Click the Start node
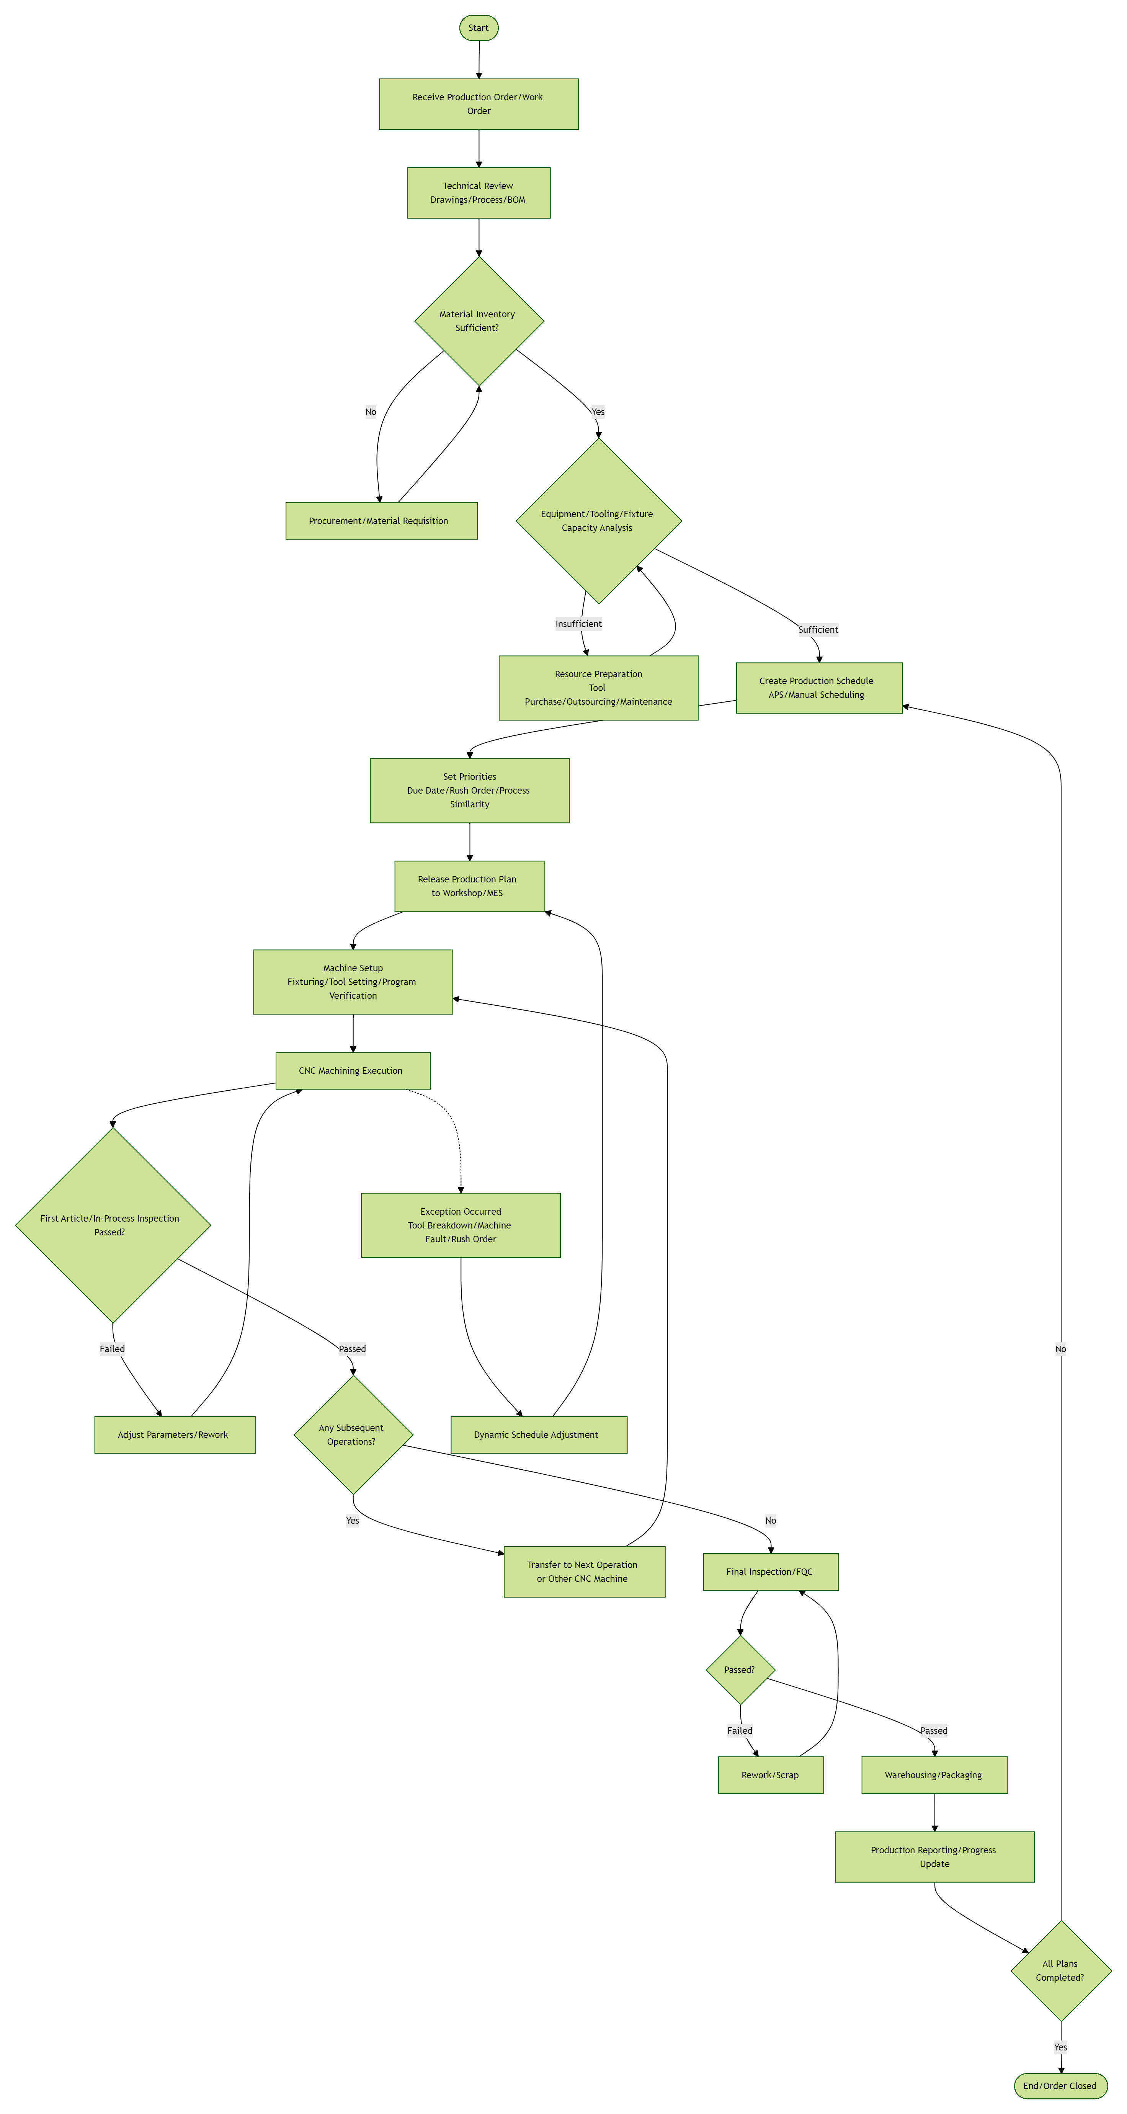[x=479, y=28]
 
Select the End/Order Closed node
[x=1060, y=2085]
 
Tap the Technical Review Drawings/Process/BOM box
[x=479, y=193]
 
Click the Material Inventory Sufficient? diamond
[x=479, y=321]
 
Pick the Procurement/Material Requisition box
[x=381, y=521]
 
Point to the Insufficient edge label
[x=579, y=624]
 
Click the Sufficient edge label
[x=818, y=629]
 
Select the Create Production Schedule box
[x=818, y=688]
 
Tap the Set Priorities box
[x=469, y=790]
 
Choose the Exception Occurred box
[x=461, y=1225]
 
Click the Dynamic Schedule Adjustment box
[x=539, y=1434]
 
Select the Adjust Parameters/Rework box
[x=174, y=1434]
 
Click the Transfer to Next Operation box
[x=584, y=1572]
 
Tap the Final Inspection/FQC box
[x=770, y=1572]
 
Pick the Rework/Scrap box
[x=770, y=1775]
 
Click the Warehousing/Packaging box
[x=934, y=1775]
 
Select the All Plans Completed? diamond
[x=1060, y=1970]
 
